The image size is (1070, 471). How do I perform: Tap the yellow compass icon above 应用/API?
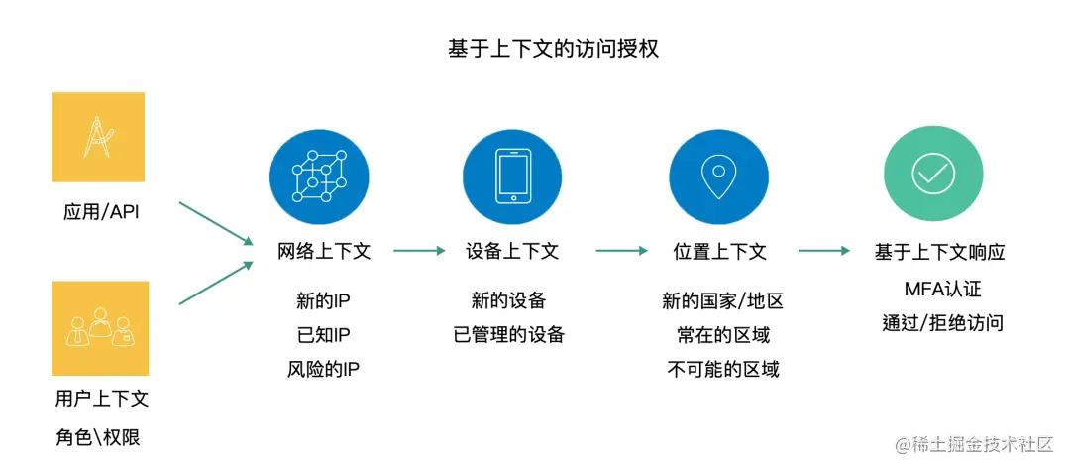point(98,137)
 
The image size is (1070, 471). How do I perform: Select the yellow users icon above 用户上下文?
point(100,328)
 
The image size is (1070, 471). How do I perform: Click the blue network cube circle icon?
point(319,177)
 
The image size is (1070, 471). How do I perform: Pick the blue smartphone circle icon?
point(512,177)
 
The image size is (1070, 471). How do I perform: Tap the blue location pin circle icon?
point(718,177)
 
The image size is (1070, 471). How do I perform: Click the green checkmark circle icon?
point(932,175)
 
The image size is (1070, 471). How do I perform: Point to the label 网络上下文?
point(324,251)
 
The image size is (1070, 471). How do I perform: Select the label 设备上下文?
point(511,251)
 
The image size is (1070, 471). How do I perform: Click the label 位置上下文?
point(719,251)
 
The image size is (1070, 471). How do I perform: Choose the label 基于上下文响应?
point(939,251)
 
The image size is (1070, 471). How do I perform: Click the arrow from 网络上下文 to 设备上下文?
point(419,251)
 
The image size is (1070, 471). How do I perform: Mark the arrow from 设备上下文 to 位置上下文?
point(621,251)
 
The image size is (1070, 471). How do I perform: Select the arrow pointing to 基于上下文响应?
point(824,251)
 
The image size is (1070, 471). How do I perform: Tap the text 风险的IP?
point(323,370)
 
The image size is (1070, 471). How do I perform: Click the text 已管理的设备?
point(508,334)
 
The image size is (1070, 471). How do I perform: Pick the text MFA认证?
point(941,290)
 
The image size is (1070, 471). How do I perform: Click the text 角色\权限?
point(98,436)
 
